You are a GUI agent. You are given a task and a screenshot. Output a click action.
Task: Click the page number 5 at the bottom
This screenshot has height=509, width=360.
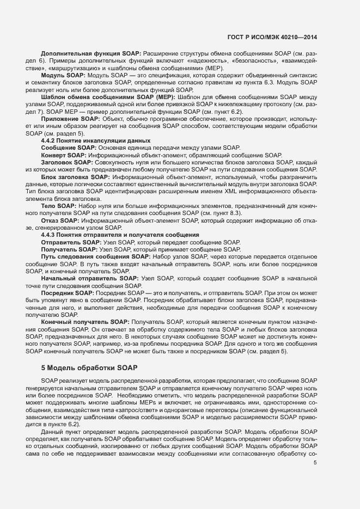(x=315, y=463)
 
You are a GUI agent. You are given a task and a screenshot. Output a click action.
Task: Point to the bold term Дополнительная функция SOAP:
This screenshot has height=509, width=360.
(x=91, y=54)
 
